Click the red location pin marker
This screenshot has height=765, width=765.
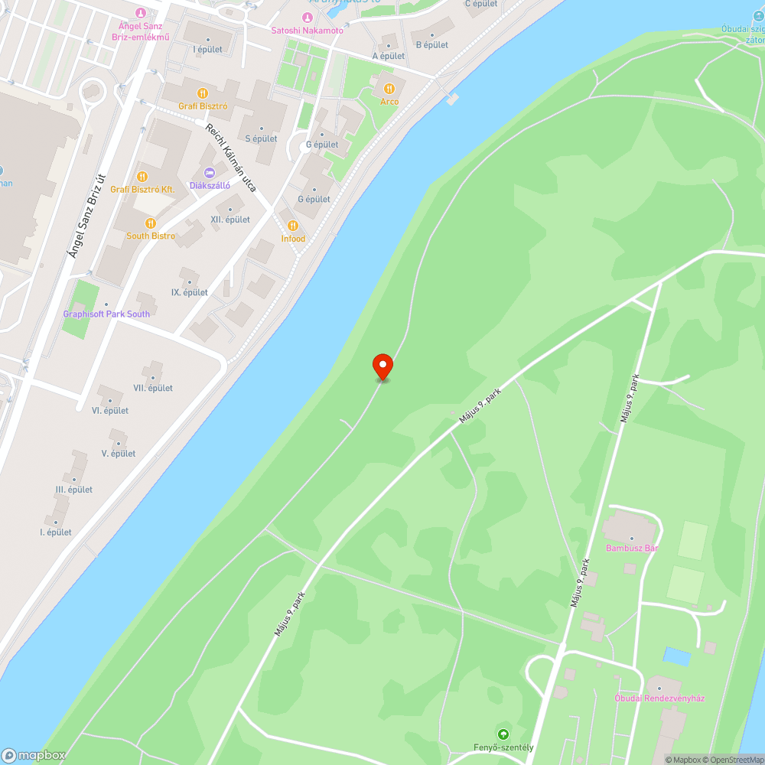[382, 366]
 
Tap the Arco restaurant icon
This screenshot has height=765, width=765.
[389, 87]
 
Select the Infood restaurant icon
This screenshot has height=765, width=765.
[292, 225]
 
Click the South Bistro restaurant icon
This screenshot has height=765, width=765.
[151, 223]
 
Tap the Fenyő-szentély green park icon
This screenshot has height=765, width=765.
[503, 734]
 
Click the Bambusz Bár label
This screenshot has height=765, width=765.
[632, 548]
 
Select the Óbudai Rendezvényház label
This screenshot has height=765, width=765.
[659, 698]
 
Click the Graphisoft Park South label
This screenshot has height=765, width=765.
[106, 314]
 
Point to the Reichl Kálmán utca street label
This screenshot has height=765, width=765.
[230, 156]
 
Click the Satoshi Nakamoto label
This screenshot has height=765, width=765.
[308, 30]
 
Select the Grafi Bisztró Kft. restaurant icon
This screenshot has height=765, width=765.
[142, 176]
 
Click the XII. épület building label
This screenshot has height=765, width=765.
[230, 220]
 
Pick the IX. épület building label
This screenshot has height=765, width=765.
[189, 292]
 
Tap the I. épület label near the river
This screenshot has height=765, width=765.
[56, 532]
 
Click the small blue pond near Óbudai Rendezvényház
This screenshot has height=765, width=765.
[676, 656]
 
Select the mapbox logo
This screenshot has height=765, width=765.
[34, 755]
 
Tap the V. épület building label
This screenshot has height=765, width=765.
[119, 454]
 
